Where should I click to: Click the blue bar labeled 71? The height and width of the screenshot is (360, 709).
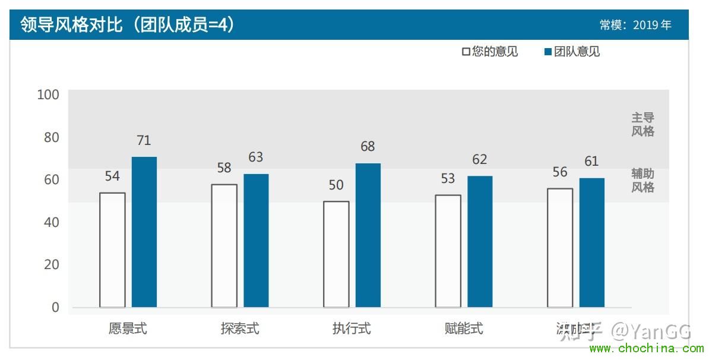point(144,232)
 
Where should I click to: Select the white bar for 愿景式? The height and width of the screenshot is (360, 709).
point(112,250)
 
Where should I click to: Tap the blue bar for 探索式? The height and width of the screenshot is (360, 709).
point(256,240)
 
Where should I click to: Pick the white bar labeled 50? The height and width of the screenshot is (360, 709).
point(336,254)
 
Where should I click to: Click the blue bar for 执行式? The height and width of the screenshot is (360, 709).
point(368,235)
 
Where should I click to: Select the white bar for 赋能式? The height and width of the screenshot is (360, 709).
point(448,251)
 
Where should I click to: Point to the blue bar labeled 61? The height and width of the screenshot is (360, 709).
point(592,242)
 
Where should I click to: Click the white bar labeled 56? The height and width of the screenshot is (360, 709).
point(560,248)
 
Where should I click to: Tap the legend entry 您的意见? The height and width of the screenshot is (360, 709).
point(490,52)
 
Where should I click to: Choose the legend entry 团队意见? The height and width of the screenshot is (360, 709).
point(572,52)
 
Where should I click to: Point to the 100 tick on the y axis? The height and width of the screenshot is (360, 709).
point(48,94)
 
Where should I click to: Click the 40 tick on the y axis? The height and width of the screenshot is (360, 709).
point(52,222)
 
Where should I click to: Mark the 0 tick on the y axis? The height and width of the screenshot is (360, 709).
point(55,307)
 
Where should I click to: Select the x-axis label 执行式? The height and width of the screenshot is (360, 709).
point(352,329)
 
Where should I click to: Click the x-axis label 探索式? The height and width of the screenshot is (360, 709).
point(240,329)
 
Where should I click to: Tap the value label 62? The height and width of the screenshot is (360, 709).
point(480,159)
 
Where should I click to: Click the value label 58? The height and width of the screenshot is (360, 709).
point(224,168)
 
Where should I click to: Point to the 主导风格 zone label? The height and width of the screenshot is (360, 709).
point(642,125)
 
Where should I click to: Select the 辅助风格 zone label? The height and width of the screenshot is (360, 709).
point(642,181)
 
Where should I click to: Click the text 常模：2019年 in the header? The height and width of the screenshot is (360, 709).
point(635,25)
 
